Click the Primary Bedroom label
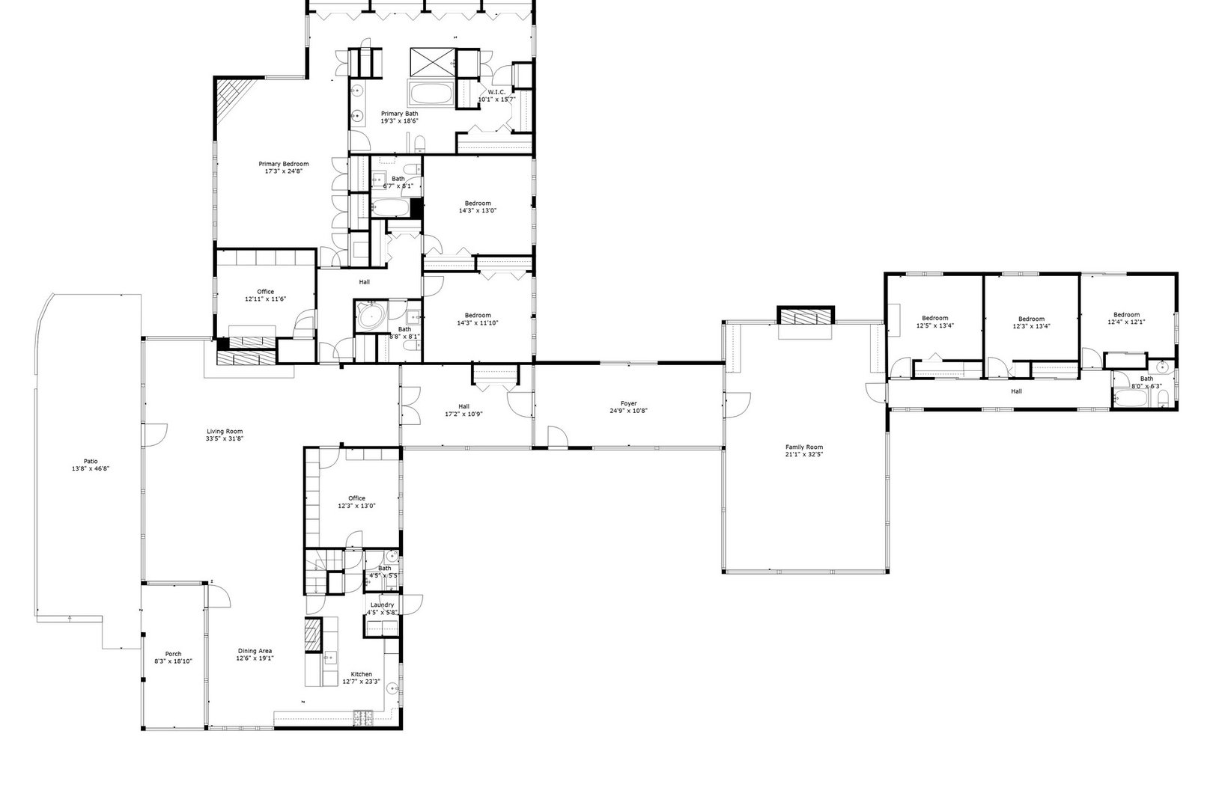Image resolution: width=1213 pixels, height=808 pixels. coord(283,164)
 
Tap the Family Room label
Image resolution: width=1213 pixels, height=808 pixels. coord(803,447)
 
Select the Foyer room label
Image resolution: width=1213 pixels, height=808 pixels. coord(628,403)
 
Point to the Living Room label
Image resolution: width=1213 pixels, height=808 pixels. coord(225,431)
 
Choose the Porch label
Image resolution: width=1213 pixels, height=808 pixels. coord(173,654)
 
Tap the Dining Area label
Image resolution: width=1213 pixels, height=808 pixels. coord(255,651)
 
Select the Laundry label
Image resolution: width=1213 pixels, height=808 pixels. coord(381,605)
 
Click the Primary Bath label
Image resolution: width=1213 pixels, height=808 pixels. coord(399,114)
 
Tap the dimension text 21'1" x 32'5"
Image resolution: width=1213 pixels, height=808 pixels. coord(803,455)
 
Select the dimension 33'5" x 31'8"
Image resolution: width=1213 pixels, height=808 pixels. coord(225,438)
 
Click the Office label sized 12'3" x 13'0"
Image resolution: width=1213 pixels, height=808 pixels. coord(356,498)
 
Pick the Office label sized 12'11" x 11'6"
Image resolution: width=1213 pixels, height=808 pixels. coord(265,292)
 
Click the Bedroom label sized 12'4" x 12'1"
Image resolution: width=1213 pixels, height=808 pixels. coord(1126,314)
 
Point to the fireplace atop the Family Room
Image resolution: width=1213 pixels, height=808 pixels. coord(805,317)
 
